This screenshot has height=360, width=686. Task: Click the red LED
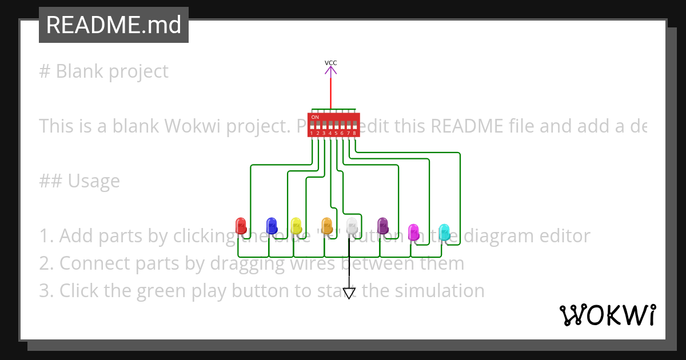[x=241, y=225]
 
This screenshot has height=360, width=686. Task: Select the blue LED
[x=272, y=225]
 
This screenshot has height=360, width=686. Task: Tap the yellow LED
[x=296, y=225]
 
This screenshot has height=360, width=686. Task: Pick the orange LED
[x=326, y=225]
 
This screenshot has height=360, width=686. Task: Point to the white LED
[x=352, y=225]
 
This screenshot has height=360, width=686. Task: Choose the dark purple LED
[x=382, y=225]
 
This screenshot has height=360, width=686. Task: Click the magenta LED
[x=413, y=231]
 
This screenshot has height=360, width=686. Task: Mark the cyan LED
[x=444, y=231]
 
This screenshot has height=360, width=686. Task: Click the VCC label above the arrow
[x=330, y=63]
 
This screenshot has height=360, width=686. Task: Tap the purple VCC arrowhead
[x=330, y=70]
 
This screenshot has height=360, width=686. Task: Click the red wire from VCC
[x=330, y=91]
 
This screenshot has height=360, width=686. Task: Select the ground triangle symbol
[x=349, y=293]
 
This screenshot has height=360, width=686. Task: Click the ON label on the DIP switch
[x=315, y=117]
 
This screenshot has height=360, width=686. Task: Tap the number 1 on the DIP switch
[x=312, y=133]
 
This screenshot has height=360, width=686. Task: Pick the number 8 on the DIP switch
[x=354, y=133]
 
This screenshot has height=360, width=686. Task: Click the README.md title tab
[x=114, y=25]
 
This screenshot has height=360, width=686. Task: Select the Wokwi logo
[x=608, y=315]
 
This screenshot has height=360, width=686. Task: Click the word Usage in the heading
[x=94, y=181]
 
